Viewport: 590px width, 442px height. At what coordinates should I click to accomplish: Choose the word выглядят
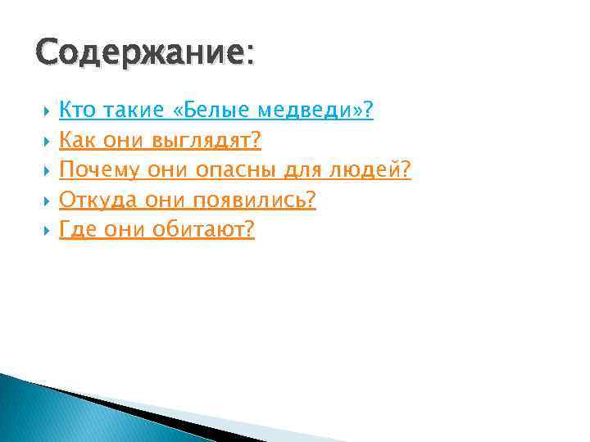coord(206,141)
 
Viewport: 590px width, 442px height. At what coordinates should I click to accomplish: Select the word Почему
coord(99,170)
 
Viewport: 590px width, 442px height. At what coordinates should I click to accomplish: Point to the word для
coord(299,170)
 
